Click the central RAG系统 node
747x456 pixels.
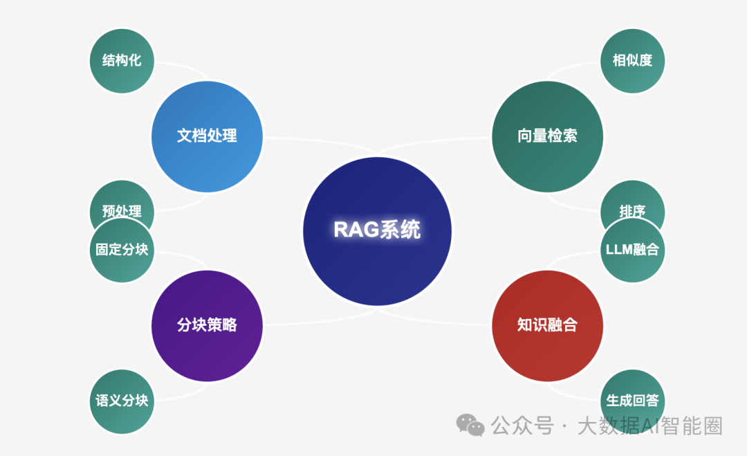point(377,231)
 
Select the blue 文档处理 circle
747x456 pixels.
point(207,136)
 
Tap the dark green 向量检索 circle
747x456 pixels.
point(547,136)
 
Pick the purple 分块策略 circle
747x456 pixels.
point(207,325)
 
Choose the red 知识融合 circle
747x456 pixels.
point(547,325)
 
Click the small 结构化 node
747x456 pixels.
point(122,60)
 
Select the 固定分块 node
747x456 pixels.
point(122,250)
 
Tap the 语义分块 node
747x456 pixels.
point(122,401)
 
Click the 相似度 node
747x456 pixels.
point(632,60)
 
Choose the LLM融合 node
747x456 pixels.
point(632,250)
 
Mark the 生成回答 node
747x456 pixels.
point(632,401)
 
